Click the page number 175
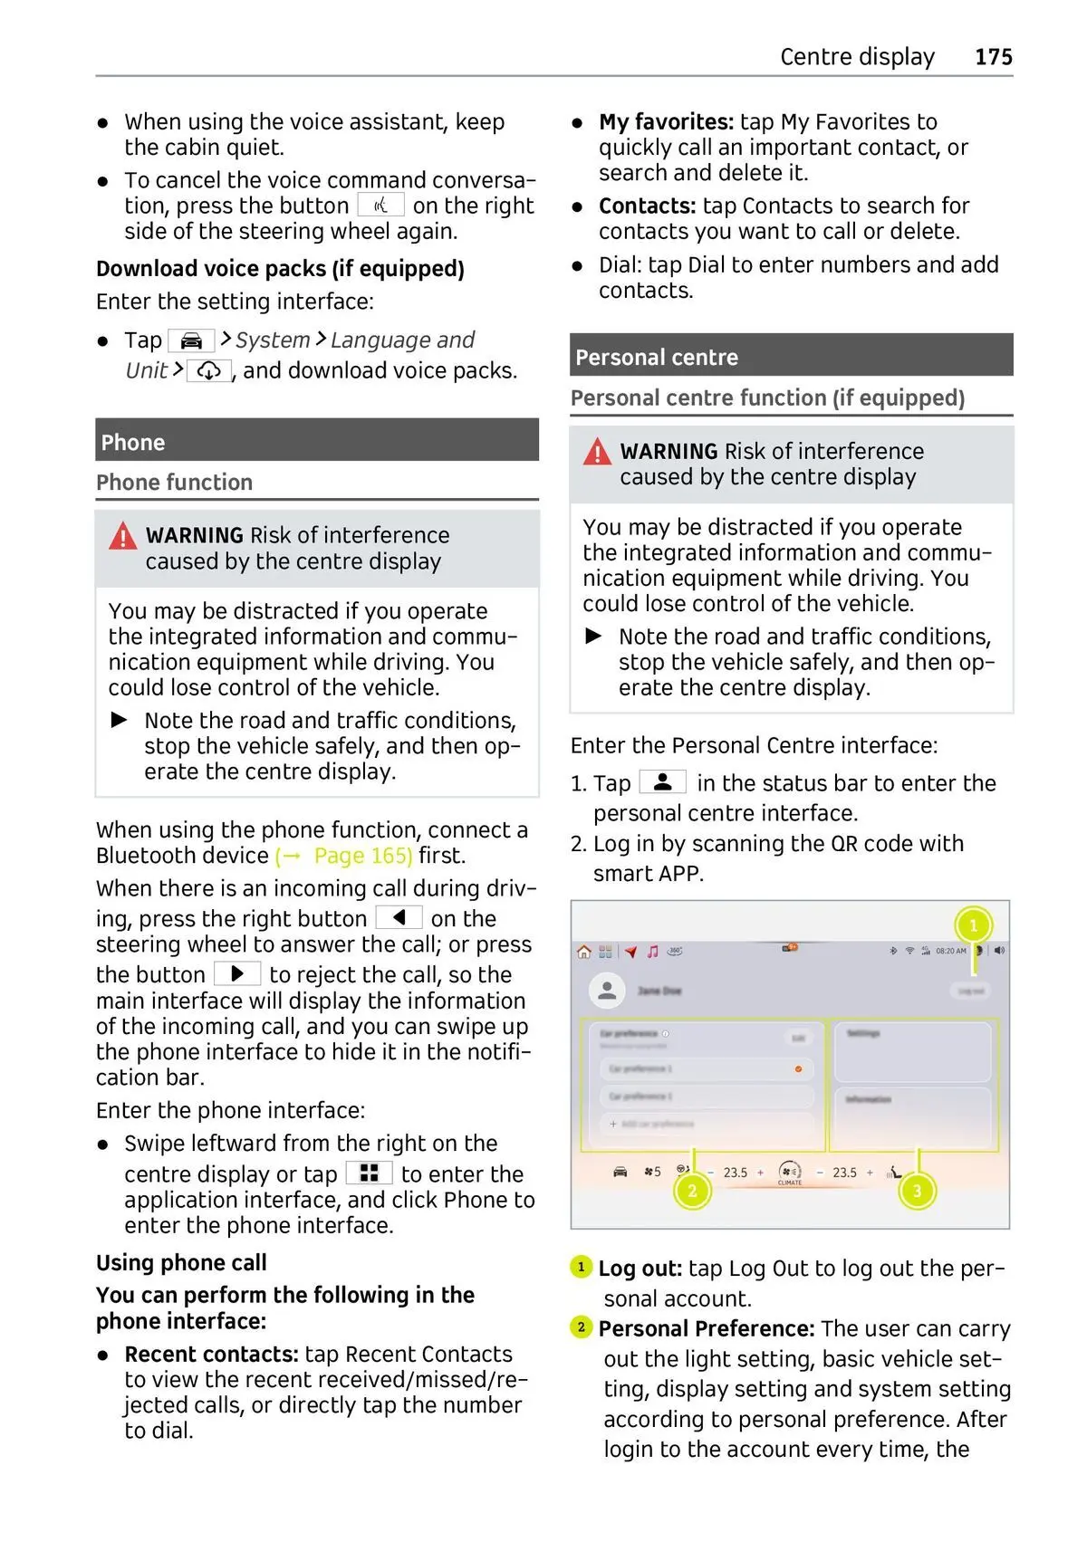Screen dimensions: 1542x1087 [x=993, y=57]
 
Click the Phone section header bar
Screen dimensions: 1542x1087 [x=317, y=441]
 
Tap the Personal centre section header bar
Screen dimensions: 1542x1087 [x=791, y=356]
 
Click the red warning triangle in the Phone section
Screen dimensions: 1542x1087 [x=122, y=537]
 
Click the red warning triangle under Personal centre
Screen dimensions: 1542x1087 [x=597, y=452]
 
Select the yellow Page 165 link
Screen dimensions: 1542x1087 [x=344, y=856]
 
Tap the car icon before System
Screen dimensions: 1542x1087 [x=191, y=341]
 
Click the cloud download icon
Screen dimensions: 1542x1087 [x=209, y=370]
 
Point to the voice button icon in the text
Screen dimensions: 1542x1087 [x=380, y=206]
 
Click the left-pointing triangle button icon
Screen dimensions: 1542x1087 [x=399, y=918]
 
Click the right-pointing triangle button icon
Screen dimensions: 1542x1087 [x=237, y=974]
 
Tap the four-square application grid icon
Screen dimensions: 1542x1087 [x=369, y=1173]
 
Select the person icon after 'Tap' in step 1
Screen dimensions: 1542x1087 [x=663, y=781]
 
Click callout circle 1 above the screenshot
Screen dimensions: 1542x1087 [x=973, y=925]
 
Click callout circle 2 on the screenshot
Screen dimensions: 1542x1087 [x=692, y=1191]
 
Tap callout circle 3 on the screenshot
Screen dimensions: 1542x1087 [x=917, y=1191]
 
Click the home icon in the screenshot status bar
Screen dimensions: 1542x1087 [x=584, y=952]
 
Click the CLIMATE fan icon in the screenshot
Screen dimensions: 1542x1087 [x=790, y=1172]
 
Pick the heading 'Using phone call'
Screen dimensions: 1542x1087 [x=181, y=1262]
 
